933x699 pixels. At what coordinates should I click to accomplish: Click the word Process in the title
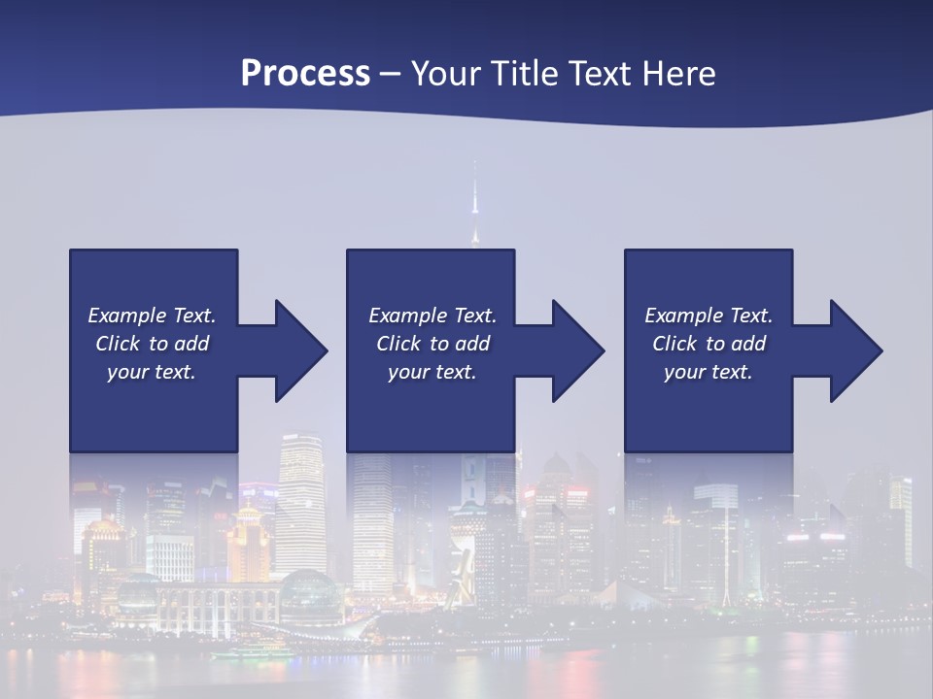click(x=305, y=74)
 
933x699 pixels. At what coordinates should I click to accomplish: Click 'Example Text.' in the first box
click(x=152, y=316)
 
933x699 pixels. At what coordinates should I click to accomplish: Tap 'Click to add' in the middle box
click(x=432, y=344)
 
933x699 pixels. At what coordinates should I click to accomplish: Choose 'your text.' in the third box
click(x=708, y=372)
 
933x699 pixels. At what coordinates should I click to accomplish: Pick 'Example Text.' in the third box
click(x=708, y=316)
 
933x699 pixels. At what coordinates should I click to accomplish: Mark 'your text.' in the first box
click(x=152, y=372)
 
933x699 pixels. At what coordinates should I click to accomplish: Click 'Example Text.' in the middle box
click(x=432, y=316)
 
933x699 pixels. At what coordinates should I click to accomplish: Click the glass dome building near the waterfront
click(x=309, y=594)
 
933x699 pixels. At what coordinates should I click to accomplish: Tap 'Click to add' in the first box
click(x=152, y=344)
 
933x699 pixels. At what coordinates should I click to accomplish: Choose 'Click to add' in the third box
click(x=708, y=344)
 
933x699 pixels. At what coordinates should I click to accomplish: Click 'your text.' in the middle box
click(x=432, y=372)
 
